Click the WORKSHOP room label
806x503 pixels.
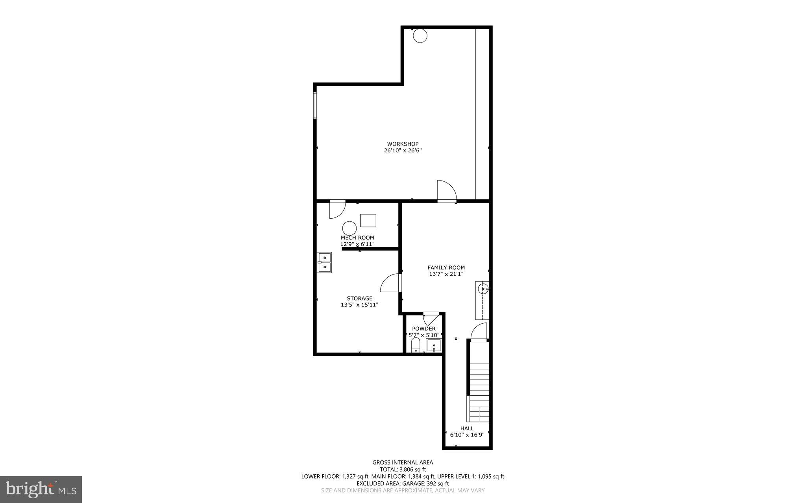click(x=403, y=144)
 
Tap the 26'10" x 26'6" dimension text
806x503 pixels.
click(x=403, y=151)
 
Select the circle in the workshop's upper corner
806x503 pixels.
click(x=420, y=36)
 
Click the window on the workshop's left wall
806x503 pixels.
click(x=315, y=105)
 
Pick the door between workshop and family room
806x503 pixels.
click(x=446, y=192)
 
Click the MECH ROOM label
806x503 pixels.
click(x=357, y=238)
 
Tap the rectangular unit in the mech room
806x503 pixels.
click(x=368, y=221)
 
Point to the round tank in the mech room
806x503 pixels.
click(x=349, y=228)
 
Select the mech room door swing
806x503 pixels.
click(x=336, y=209)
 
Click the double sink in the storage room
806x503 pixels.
click(x=324, y=262)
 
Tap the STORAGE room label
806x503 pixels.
click(x=359, y=298)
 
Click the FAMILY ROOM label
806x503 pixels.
click(x=446, y=268)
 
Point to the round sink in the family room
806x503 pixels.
click(x=482, y=289)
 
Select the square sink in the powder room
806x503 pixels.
click(x=434, y=346)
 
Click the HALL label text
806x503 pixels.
click(x=467, y=428)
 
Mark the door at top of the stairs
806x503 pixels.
click(x=479, y=331)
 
